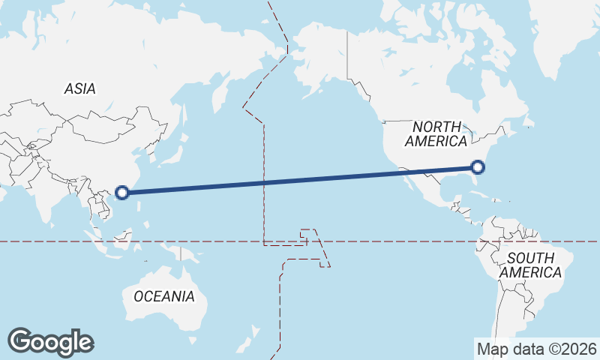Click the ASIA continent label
coord(79,88)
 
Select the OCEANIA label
coord(163,296)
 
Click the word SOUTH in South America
coord(530,259)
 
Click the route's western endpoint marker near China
coord(122,192)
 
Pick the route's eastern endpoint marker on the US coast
coord(478,167)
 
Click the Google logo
coord(50,342)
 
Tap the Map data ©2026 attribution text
coord(536,349)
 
